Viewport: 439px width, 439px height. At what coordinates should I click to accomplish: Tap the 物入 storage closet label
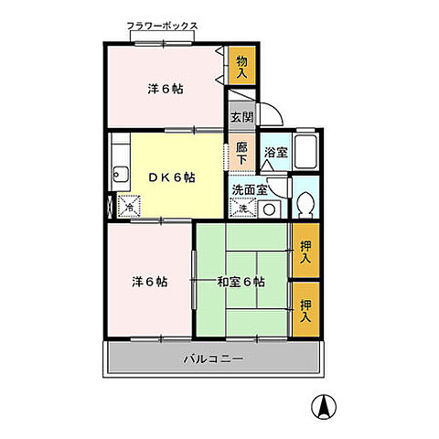[241, 66]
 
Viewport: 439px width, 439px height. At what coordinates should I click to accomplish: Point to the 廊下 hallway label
[241, 152]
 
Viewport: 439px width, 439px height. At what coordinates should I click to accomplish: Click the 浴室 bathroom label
[275, 153]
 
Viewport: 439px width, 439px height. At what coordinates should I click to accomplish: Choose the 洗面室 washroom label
[249, 190]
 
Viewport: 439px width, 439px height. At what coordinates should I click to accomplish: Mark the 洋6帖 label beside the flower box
[165, 89]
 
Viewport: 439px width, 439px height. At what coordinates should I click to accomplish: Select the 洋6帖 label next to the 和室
[147, 281]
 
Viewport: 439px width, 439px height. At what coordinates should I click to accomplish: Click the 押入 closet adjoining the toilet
[306, 250]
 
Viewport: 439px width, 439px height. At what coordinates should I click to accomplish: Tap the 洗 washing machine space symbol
[242, 209]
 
